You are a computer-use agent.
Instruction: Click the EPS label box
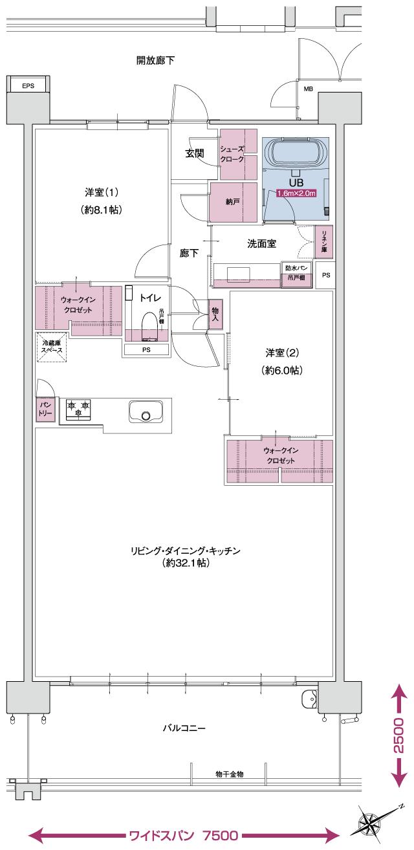click(28, 85)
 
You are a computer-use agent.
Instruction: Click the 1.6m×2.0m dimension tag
click(296, 193)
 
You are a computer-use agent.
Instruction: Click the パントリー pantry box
click(45, 408)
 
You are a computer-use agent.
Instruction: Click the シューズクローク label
click(233, 154)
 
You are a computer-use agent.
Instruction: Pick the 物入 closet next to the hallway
click(215, 314)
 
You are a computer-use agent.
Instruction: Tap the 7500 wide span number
click(221, 835)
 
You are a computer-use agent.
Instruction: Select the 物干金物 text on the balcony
click(229, 774)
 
